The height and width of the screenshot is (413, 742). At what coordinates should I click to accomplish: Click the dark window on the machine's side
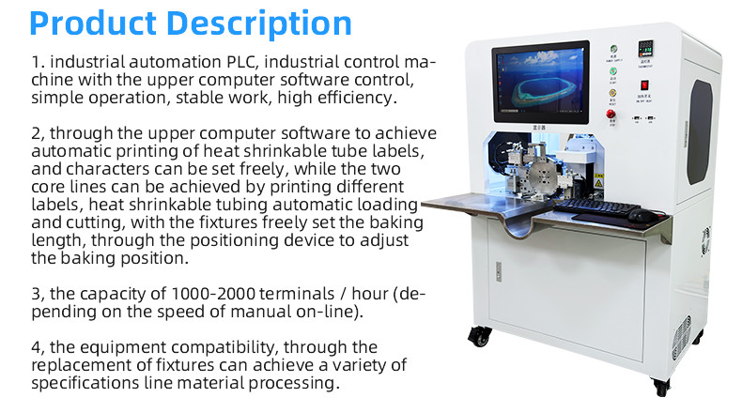700,131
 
